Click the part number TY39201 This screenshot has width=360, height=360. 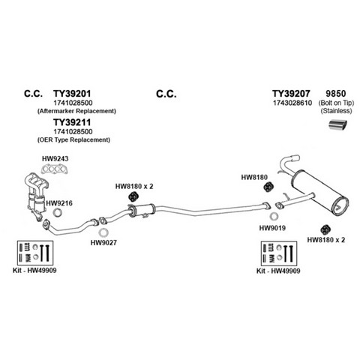(x=72, y=94)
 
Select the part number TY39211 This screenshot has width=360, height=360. (x=72, y=122)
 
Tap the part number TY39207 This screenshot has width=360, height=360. (x=291, y=94)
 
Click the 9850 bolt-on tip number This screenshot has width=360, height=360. (x=336, y=94)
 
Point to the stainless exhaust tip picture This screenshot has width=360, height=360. (x=337, y=125)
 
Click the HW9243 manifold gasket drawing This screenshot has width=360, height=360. (x=55, y=169)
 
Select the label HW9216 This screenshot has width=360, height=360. (x=59, y=203)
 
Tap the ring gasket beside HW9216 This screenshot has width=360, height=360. (x=58, y=212)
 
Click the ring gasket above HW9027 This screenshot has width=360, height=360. (x=103, y=232)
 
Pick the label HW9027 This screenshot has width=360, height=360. (x=103, y=243)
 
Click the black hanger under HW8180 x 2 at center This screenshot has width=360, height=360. (x=133, y=196)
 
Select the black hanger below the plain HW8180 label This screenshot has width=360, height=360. (x=268, y=187)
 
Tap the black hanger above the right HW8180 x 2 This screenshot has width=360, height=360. (x=325, y=229)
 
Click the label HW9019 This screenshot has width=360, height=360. (x=272, y=228)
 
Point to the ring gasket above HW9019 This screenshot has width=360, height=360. (x=274, y=217)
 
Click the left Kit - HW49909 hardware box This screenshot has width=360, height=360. (x=35, y=253)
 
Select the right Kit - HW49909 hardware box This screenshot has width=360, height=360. (x=279, y=253)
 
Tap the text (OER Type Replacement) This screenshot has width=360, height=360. (x=73, y=139)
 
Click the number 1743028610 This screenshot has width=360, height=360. (x=292, y=103)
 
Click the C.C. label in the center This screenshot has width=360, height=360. (x=166, y=94)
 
